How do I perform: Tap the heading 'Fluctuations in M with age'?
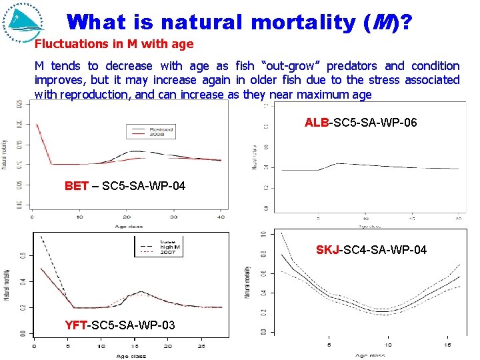114,45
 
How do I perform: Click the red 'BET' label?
76,185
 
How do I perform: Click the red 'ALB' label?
317,123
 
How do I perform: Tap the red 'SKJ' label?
327,250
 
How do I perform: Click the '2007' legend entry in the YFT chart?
167,253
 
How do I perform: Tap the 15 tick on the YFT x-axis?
134,347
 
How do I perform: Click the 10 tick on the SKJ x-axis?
388,345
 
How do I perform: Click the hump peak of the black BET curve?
137,151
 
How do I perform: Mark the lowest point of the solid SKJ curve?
381,311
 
